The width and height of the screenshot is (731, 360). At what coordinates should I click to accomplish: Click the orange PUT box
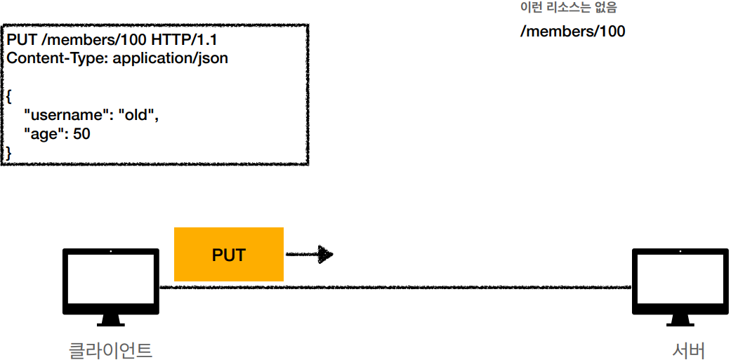click(228, 254)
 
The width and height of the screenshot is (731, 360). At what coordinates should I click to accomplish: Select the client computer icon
click(111, 281)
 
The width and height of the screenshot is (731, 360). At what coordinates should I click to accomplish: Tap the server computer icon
click(680, 281)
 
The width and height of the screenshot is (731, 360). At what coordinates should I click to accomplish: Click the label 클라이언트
click(110, 349)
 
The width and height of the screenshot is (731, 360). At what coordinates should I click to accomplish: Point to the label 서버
click(687, 349)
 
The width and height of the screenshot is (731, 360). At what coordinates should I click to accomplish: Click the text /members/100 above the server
click(572, 32)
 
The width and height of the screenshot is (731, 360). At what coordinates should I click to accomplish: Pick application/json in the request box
click(171, 58)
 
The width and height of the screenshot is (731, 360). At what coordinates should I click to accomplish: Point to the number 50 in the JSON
click(81, 133)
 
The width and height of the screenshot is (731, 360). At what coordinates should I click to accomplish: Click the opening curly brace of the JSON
click(9, 95)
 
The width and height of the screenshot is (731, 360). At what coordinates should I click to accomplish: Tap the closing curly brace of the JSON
click(9, 151)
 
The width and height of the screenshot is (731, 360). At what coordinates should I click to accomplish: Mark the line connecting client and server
click(456, 287)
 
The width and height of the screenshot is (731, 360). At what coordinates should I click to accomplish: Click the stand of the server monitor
click(680, 320)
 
